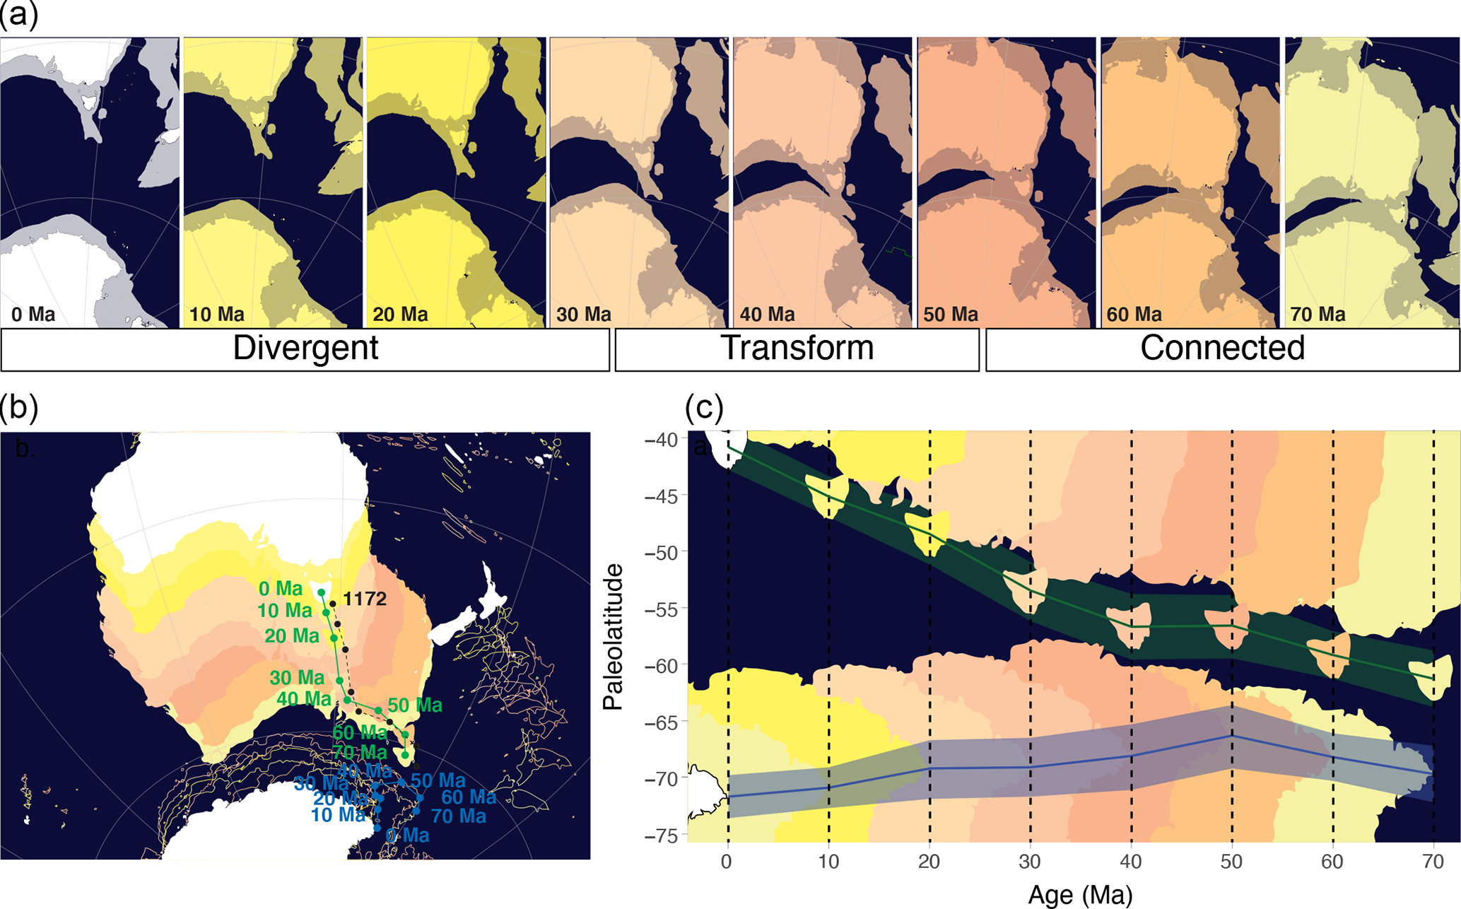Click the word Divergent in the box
[x=305, y=348]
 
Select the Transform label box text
[x=797, y=348]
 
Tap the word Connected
[x=1222, y=348]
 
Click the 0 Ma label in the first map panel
[x=33, y=315]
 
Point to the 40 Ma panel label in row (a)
[x=767, y=315]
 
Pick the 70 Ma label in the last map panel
[x=1318, y=315]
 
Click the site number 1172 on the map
[x=364, y=599]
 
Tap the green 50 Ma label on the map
[x=415, y=705]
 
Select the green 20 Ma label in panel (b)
[x=292, y=636]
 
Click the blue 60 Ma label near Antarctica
[x=469, y=798]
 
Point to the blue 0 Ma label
[x=407, y=836]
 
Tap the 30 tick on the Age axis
[x=1030, y=862]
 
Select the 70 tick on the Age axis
[x=1433, y=862]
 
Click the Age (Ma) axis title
[x=1080, y=895]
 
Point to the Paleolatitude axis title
[x=613, y=636]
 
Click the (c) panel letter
[x=704, y=408]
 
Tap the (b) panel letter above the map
[x=19, y=408]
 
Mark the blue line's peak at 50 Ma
[x=1232, y=736]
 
